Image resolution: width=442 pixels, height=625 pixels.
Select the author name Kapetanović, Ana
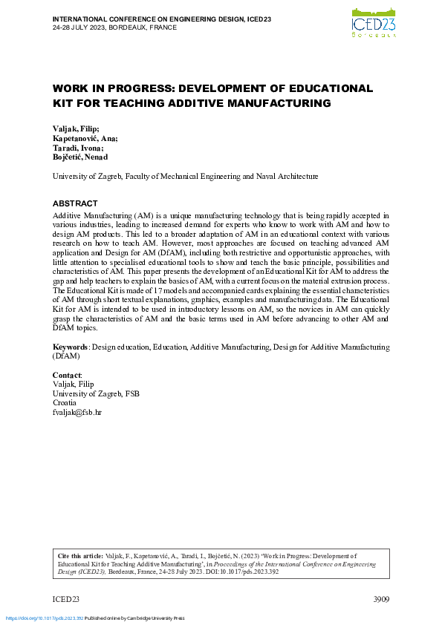point(85,138)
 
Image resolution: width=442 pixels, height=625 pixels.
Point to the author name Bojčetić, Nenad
point(80,157)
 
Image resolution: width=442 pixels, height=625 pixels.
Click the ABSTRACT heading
point(75,203)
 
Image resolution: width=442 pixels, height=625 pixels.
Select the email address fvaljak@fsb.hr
point(77,411)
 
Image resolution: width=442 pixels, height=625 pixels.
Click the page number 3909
point(380,599)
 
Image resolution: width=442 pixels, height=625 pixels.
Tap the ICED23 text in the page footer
point(66,599)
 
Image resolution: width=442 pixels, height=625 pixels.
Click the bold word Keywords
point(71,347)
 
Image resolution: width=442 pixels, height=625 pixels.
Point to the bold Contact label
point(67,376)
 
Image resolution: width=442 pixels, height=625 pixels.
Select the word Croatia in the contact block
point(65,402)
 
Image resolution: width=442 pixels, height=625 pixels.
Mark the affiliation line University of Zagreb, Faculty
point(185,177)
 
